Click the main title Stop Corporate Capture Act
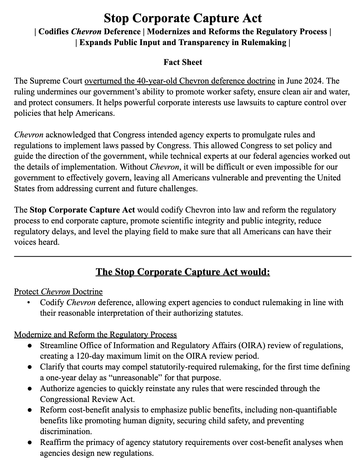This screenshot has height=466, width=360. [x=183, y=18]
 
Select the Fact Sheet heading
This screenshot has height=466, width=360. [x=183, y=62]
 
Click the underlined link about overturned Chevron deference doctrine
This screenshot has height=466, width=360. [x=180, y=81]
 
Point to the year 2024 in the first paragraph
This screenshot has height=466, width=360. [x=313, y=81]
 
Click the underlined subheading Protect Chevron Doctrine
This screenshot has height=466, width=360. [x=58, y=292]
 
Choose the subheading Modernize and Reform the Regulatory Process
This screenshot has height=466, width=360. [x=95, y=335]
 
